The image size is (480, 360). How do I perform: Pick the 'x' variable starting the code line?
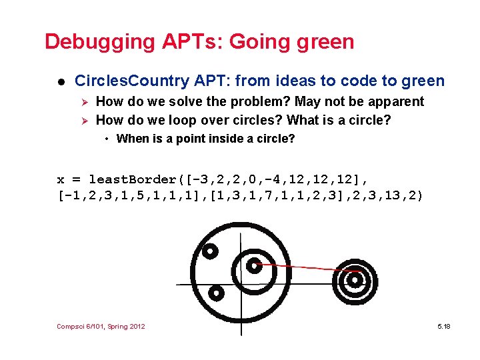pos(61,179)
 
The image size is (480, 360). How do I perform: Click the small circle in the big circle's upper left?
pos(209,251)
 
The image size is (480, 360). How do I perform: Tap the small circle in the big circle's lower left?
pos(215,292)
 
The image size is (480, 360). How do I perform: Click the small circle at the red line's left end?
pos(253,265)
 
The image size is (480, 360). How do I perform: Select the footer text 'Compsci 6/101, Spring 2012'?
pos(101,326)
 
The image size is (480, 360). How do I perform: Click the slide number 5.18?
pos(443,326)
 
